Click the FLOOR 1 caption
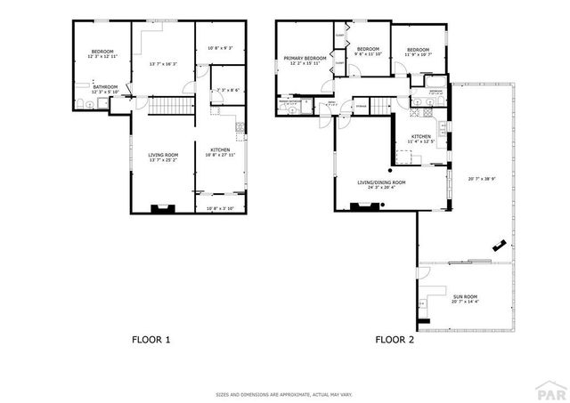coord(151,339)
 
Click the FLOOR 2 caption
coord(393,339)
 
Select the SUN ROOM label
coord(464,296)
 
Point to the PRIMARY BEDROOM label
coord(302,59)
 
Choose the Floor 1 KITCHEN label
coord(220,149)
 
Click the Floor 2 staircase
coord(381,106)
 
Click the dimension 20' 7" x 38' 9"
coord(481,178)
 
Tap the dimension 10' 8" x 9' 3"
coord(218,47)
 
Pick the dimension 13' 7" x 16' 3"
coord(163,63)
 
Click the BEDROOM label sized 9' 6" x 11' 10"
coord(368,49)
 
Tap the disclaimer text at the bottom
coord(284,393)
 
